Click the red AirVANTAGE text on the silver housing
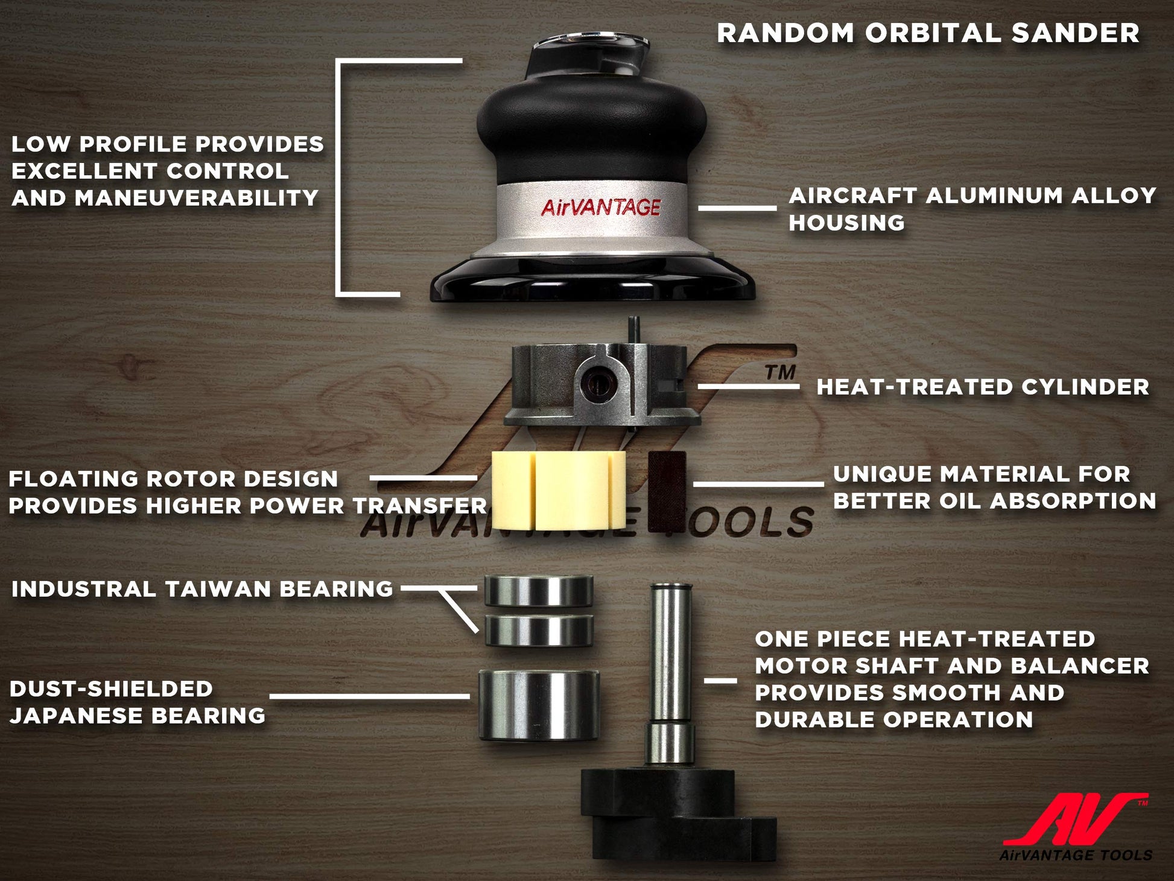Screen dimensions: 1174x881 600,207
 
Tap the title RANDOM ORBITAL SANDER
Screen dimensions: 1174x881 928,33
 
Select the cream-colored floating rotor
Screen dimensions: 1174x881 559,490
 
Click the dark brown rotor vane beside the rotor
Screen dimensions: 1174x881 667,491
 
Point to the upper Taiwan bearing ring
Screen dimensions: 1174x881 539,590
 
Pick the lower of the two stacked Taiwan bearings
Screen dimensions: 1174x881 539,630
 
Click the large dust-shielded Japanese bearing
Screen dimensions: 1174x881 539,704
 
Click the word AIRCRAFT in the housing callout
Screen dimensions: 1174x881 852,196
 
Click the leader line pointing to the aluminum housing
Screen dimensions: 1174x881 737,208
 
